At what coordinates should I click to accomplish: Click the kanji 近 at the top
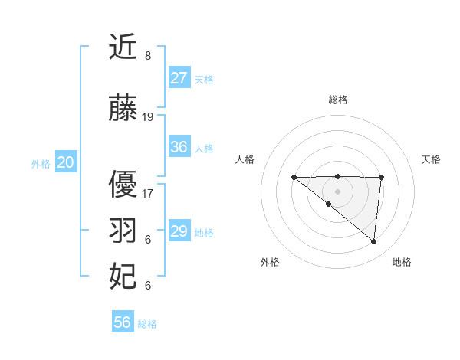(x=123, y=47)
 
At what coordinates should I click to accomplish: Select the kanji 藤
(x=123, y=108)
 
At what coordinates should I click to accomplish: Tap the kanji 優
(x=123, y=183)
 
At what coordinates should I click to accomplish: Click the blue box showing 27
(x=179, y=77)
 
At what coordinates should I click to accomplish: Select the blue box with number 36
(x=179, y=147)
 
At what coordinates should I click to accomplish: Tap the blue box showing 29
(x=179, y=231)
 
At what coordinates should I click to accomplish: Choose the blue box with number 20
(x=66, y=162)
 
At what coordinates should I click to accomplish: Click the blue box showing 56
(x=123, y=322)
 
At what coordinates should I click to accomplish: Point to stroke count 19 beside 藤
(x=148, y=117)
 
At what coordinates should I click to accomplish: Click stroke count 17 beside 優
(x=148, y=193)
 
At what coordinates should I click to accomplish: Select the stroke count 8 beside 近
(x=147, y=56)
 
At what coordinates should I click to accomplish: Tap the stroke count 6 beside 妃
(x=147, y=286)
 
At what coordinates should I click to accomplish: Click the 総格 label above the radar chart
(x=337, y=100)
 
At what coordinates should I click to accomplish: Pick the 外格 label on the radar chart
(x=270, y=262)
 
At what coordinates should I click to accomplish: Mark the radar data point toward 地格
(x=373, y=242)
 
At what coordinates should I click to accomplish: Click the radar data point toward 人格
(x=294, y=177)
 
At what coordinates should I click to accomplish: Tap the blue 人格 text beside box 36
(x=204, y=149)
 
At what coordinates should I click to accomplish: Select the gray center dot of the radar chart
(x=337, y=191)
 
